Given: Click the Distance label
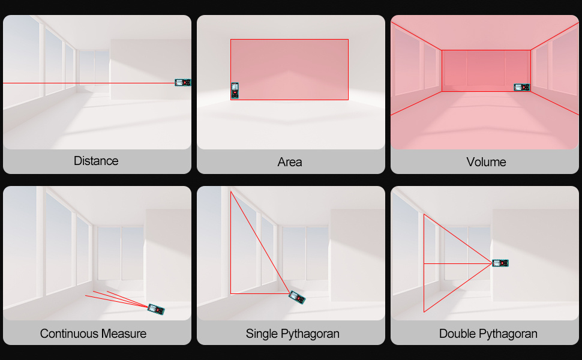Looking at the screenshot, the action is tap(96, 161).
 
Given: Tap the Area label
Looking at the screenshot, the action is tap(290, 162).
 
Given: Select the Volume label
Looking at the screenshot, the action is tap(486, 162).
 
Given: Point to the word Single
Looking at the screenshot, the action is tap(262, 334).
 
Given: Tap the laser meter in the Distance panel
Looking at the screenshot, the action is tap(183, 82).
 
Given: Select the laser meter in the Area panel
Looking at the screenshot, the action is tap(235, 91).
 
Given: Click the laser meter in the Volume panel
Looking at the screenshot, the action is tap(522, 87).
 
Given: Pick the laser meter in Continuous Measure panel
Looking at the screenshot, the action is tap(156, 309).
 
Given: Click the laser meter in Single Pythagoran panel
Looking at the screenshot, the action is tap(297, 297).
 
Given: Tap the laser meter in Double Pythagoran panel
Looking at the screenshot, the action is tap(500, 263).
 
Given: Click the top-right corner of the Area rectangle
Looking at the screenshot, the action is tap(348, 40).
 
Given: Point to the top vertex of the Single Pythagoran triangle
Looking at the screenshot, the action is tap(231, 191).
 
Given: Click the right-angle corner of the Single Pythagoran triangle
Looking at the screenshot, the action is tap(231, 293).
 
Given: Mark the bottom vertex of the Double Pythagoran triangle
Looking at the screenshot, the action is tap(424, 312).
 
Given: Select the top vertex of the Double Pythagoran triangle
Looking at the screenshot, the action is tap(424, 214).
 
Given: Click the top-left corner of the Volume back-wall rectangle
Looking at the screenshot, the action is tap(442, 50).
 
